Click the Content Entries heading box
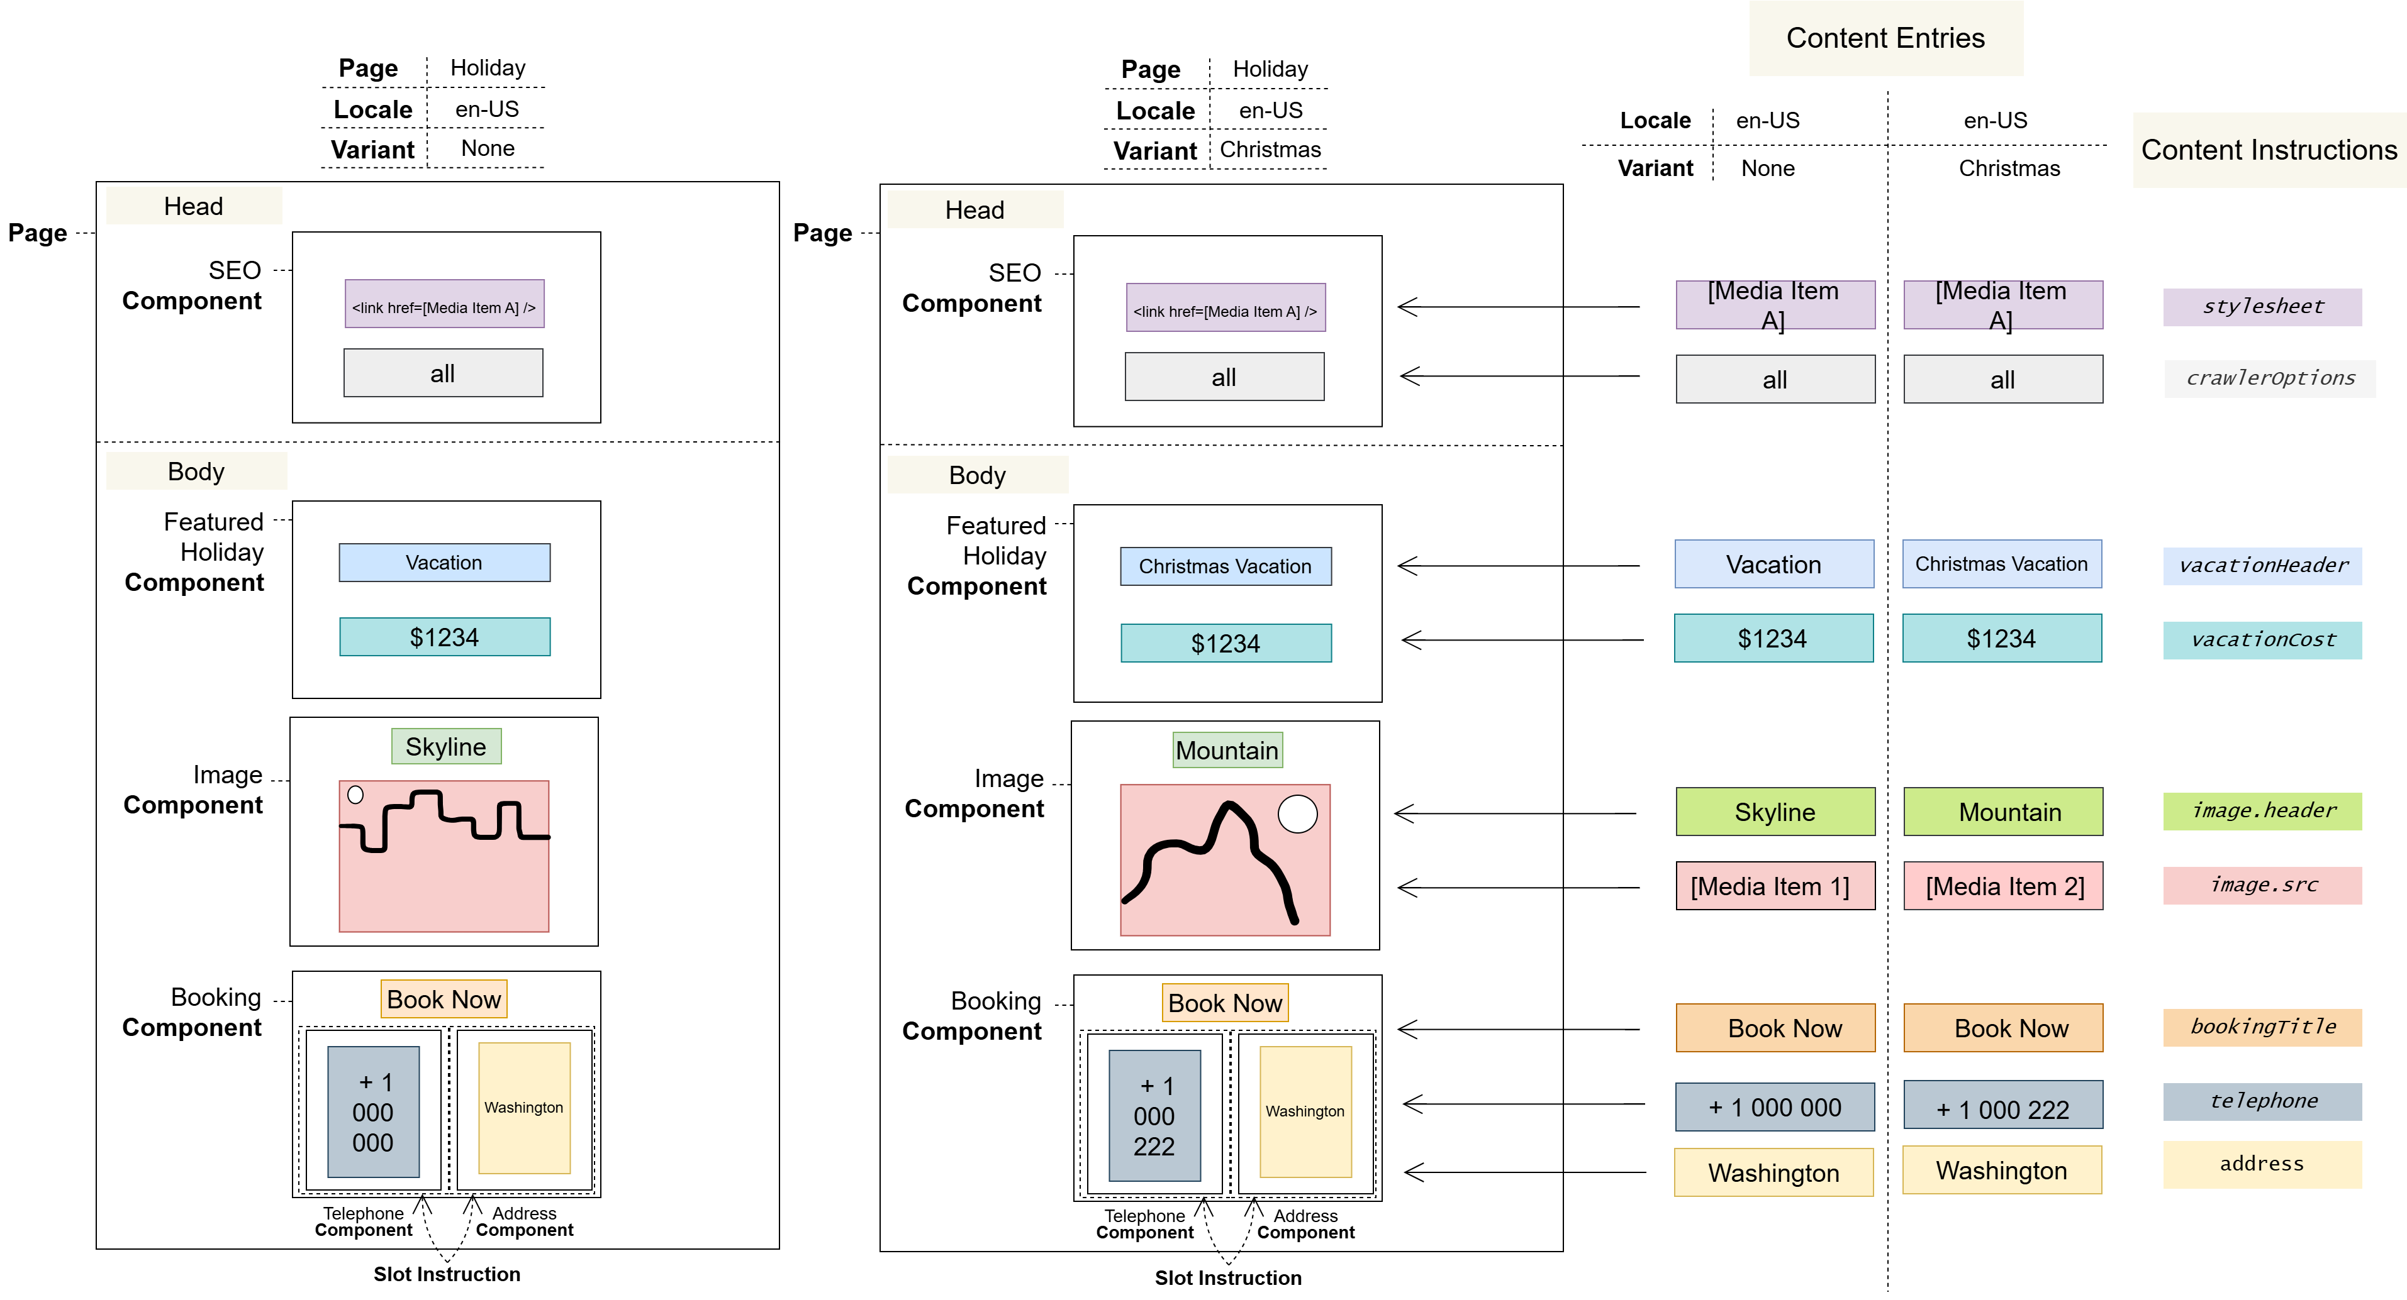tap(1885, 38)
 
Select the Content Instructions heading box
tap(2269, 150)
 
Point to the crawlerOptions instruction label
tap(2270, 379)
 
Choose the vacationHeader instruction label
tap(2262, 566)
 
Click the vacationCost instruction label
tap(2262, 641)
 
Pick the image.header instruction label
tap(2262, 812)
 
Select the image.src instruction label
tap(2262, 885)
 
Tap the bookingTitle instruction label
tap(2262, 1027)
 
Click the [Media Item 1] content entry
tap(1775, 886)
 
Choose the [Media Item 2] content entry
tap(2003, 886)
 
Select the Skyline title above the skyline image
tap(445, 747)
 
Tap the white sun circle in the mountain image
tap(1298, 813)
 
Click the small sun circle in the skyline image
tap(355, 795)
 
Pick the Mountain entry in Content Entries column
tap(2003, 812)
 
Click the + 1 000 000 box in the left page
tap(374, 1111)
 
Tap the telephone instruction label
tap(2262, 1102)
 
